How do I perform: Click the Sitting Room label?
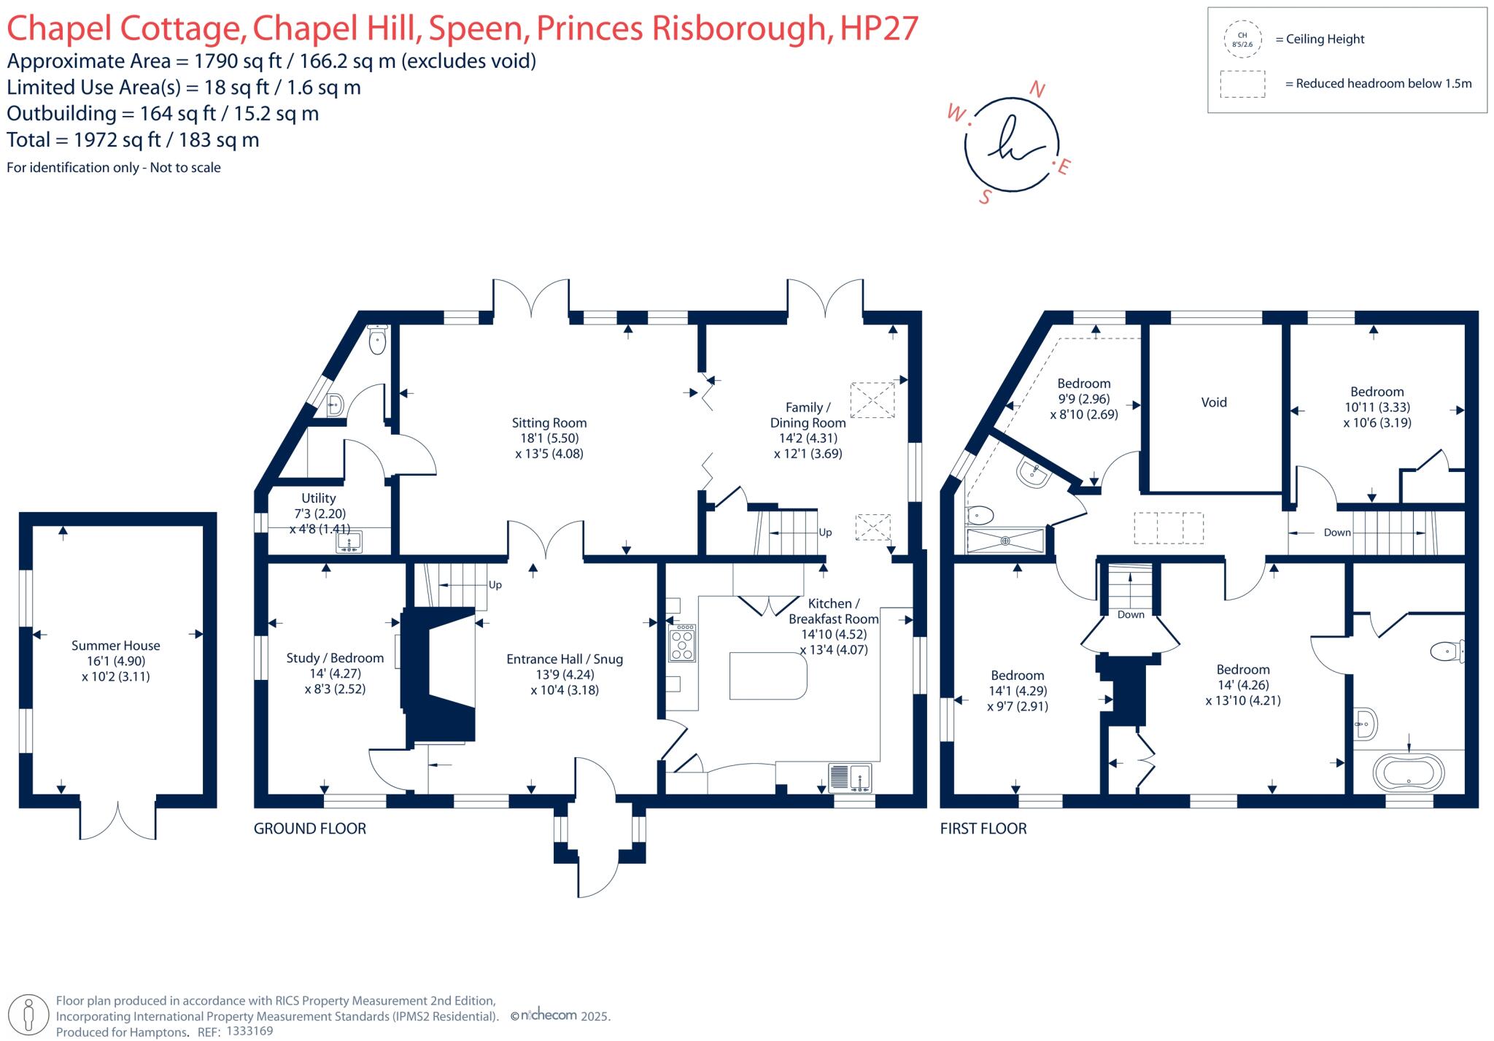point(549,422)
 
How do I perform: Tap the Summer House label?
point(115,646)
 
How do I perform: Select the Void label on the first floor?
point(1214,402)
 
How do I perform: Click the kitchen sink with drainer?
point(850,777)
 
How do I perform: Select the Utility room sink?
point(350,543)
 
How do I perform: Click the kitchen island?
point(767,676)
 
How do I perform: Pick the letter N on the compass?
point(1037,90)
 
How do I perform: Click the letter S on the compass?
point(986,197)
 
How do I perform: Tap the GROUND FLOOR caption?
point(309,829)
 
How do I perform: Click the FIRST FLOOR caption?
point(983,829)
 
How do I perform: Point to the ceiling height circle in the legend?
point(1242,39)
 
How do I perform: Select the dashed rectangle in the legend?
point(1242,84)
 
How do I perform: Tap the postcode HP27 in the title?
point(879,28)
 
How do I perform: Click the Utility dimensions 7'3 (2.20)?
point(319,514)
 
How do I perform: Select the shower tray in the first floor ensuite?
point(1005,541)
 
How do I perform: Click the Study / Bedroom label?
point(335,658)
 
